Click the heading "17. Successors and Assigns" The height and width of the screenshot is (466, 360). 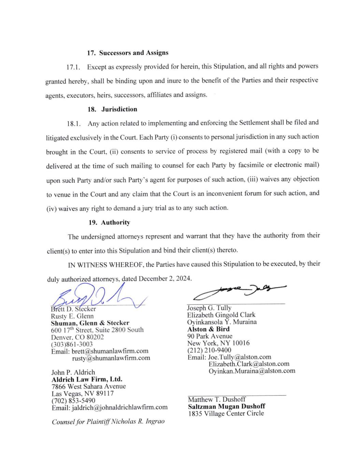coord(128,53)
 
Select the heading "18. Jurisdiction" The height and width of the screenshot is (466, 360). coord(112,109)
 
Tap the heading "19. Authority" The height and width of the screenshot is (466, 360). coord(109,223)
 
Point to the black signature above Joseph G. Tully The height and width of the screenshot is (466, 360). coord(239,290)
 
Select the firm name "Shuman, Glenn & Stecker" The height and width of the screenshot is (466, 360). coord(90,323)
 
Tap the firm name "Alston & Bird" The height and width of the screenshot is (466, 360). coord(208,329)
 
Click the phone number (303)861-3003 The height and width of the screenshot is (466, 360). coord(72,344)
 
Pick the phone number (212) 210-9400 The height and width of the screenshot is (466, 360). coord(209,350)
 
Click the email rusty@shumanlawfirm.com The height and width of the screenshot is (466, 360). coord(111,358)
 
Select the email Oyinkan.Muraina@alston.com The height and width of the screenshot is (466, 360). coord(252,371)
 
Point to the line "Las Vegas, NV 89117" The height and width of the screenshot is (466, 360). coord(83,393)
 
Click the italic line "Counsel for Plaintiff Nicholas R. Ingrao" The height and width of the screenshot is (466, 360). coord(108,422)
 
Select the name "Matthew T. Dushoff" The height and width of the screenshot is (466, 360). coord(217,399)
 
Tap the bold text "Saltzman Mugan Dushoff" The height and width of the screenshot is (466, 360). coord(226,407)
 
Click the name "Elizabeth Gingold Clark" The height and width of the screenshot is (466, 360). coord(221,315)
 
